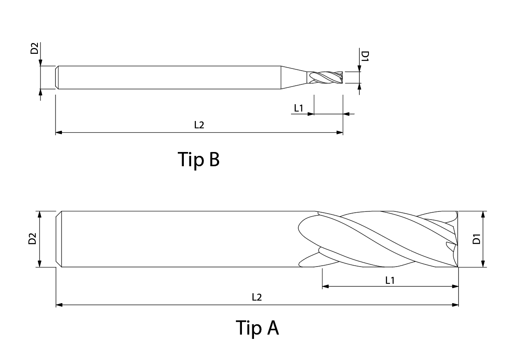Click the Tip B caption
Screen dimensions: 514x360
[x=198, y=159]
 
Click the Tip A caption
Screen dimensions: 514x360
[x=257, y=327]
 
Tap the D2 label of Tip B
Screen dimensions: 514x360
[x=34, y=48]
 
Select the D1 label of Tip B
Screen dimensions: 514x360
[x=365, y=56]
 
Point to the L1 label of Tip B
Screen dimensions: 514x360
[x=299, y=108]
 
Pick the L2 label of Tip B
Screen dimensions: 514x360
[x=199, y=124]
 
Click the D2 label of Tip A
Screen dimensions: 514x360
[x=32, y=239]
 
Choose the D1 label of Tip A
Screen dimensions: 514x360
[x=477, y=239]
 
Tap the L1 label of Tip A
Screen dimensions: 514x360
[x=390, y=280]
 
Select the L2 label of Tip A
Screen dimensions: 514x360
[x=257, y=297]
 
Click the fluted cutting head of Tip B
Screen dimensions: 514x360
[x=325, y=78]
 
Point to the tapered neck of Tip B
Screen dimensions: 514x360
[x=294, y=78]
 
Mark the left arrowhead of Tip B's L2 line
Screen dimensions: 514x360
[x=59, y=133]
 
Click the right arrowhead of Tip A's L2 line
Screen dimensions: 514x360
[x=455, y=305]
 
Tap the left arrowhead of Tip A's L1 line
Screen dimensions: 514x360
[x=325, y=286]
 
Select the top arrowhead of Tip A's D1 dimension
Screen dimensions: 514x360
[x=483, y=215]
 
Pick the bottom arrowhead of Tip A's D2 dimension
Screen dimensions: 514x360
[x=40, y=264]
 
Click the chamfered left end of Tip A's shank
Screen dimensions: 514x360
[x=59, y=239]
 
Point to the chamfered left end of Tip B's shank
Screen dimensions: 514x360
[x=57, y=78]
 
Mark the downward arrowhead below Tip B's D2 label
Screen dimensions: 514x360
[x=40, y=62]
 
